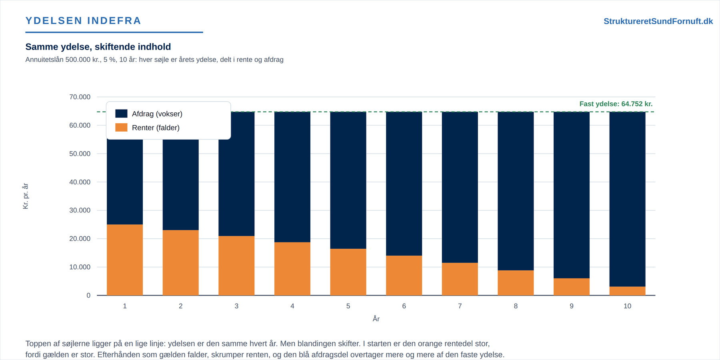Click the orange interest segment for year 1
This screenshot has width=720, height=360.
[x=125, y=260]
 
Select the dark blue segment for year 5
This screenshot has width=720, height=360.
[x=348, y=180]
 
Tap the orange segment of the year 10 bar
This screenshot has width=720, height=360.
[x=627, y=291]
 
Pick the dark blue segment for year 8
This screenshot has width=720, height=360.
[x=516, y=191]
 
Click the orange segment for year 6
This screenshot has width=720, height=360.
[x=404, y=276]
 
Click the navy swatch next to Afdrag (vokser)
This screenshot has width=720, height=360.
[x=121, y=114]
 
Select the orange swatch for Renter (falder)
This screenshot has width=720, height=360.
[x=121, y=128]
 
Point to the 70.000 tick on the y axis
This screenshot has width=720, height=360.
[x=80, y=97]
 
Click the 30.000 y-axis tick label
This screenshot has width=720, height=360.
[x=80, y=210]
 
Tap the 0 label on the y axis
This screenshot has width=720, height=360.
[x=88, y=296]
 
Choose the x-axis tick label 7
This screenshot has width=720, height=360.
[x=460, y=306]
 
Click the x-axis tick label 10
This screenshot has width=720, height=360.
[x=627, y=306]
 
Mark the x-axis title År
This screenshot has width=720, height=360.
[x=376, y=319]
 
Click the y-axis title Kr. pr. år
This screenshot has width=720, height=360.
[x=26, y=196]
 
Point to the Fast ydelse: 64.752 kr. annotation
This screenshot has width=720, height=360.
[x=616, y=104]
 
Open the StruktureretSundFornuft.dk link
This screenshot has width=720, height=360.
[x=658, y=21]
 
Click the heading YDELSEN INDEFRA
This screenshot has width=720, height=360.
[x=83, y=21]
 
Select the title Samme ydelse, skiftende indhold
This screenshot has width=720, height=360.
[x=98, y=47]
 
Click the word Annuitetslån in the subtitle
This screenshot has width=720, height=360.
[x=44, y=60]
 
